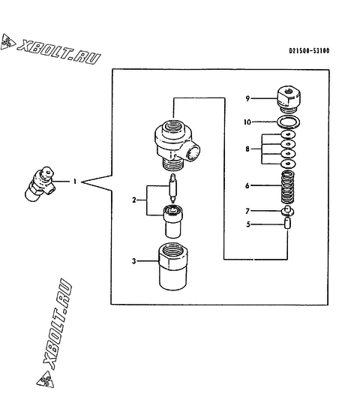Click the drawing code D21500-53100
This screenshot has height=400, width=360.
[309, 51]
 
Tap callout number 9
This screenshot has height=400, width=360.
[247, 98]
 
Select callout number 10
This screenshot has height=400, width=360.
[247, 122]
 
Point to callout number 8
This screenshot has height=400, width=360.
[247, 149]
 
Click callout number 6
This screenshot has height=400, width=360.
[247, 185]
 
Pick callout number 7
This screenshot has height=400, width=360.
[247, 211]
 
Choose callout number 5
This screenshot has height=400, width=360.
[248, 224]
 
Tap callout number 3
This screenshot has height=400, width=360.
[133, 261]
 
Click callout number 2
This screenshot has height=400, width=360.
[134, 200]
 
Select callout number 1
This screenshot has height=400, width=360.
[75, 182]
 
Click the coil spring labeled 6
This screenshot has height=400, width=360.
[288, 187]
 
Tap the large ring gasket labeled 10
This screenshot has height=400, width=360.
[288, 122]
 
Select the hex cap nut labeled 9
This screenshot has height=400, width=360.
[289, 99]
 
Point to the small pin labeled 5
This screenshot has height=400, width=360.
[287, 224]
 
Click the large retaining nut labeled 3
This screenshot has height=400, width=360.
[172, 266]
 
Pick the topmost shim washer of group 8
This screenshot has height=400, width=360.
[288, 134]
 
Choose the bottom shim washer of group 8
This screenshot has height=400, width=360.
[288, 164]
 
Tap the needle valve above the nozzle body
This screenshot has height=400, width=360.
[173, 188]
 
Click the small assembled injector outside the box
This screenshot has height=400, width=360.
[40, 184]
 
